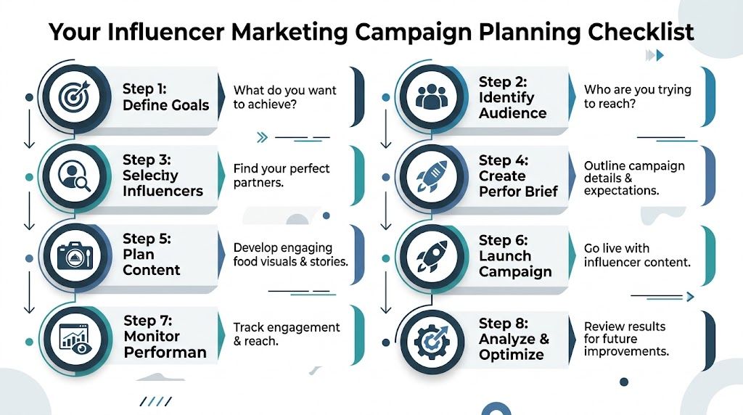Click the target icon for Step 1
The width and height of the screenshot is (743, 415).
coord(73,96)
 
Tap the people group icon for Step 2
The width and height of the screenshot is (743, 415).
coord(430,96)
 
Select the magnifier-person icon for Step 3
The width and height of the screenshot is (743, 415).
coord(73,176)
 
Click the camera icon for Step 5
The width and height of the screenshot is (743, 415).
coord(73,255)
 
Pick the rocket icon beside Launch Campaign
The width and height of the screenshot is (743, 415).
coord(430,255)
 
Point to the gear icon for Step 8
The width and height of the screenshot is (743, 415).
coord(430,338)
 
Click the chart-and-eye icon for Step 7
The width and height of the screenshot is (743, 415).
coord(73,337)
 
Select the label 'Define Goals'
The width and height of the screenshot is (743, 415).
coord(165,105)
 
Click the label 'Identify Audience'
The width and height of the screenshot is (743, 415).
coord(512,105)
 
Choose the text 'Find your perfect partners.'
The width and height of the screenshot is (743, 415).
coord(282,176)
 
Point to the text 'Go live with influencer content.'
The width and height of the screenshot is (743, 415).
coord(637,255)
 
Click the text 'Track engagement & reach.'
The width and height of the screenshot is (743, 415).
coord(287,334)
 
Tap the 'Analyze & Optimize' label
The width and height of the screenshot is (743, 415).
coord(514,347)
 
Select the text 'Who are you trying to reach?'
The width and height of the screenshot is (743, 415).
coord(637,96)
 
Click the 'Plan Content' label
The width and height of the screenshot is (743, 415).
coord(151,262)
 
